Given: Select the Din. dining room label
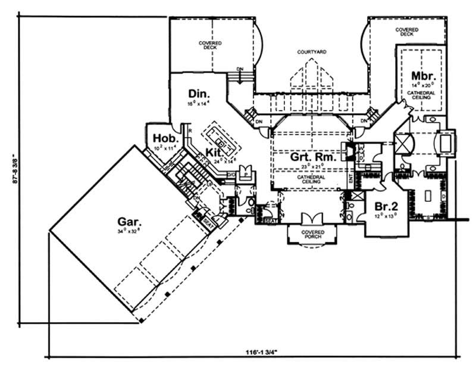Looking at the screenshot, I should (198, 93).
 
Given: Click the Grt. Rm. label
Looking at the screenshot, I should (310, 158).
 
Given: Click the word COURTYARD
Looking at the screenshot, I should (312, 52).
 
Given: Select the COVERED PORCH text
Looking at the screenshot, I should (312, 233).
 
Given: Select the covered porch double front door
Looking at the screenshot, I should (312, 218).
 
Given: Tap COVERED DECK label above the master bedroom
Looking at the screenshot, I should (407, 32).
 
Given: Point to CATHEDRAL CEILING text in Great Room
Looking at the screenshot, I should (311, 179).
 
